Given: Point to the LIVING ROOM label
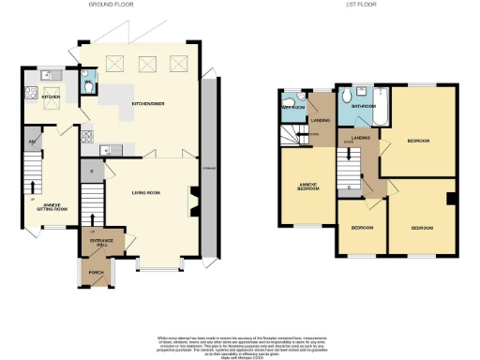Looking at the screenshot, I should click(147, 192).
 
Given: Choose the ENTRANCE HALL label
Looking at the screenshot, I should click(101, 243).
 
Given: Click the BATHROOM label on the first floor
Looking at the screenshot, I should click(364, 107).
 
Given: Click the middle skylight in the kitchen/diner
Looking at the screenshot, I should click(145, 65).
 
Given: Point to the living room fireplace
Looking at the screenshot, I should click(194, 201).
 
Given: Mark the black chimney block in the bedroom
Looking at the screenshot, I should click(451, 198).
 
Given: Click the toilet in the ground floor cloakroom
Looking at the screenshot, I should click(86, 87).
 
